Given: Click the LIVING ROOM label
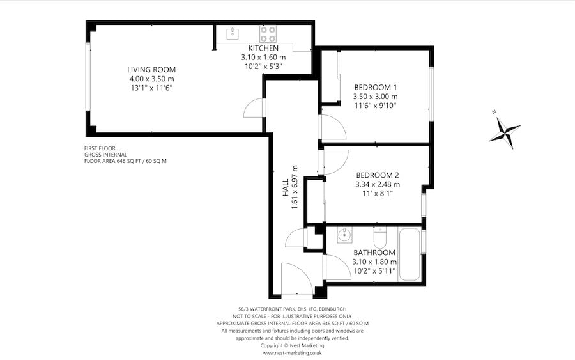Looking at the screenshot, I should tap(151, 70).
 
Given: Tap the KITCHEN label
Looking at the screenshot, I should tap(263, 48).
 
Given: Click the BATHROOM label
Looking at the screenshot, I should tap(375, 252).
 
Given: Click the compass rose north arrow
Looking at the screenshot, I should tap(505, 131).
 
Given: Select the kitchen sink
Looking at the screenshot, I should tap(229, 31).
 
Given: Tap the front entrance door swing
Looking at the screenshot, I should tap(295, 280).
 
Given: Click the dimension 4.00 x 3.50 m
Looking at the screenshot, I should tap(151, 79).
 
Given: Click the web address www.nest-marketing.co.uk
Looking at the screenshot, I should tap(292, 352).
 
